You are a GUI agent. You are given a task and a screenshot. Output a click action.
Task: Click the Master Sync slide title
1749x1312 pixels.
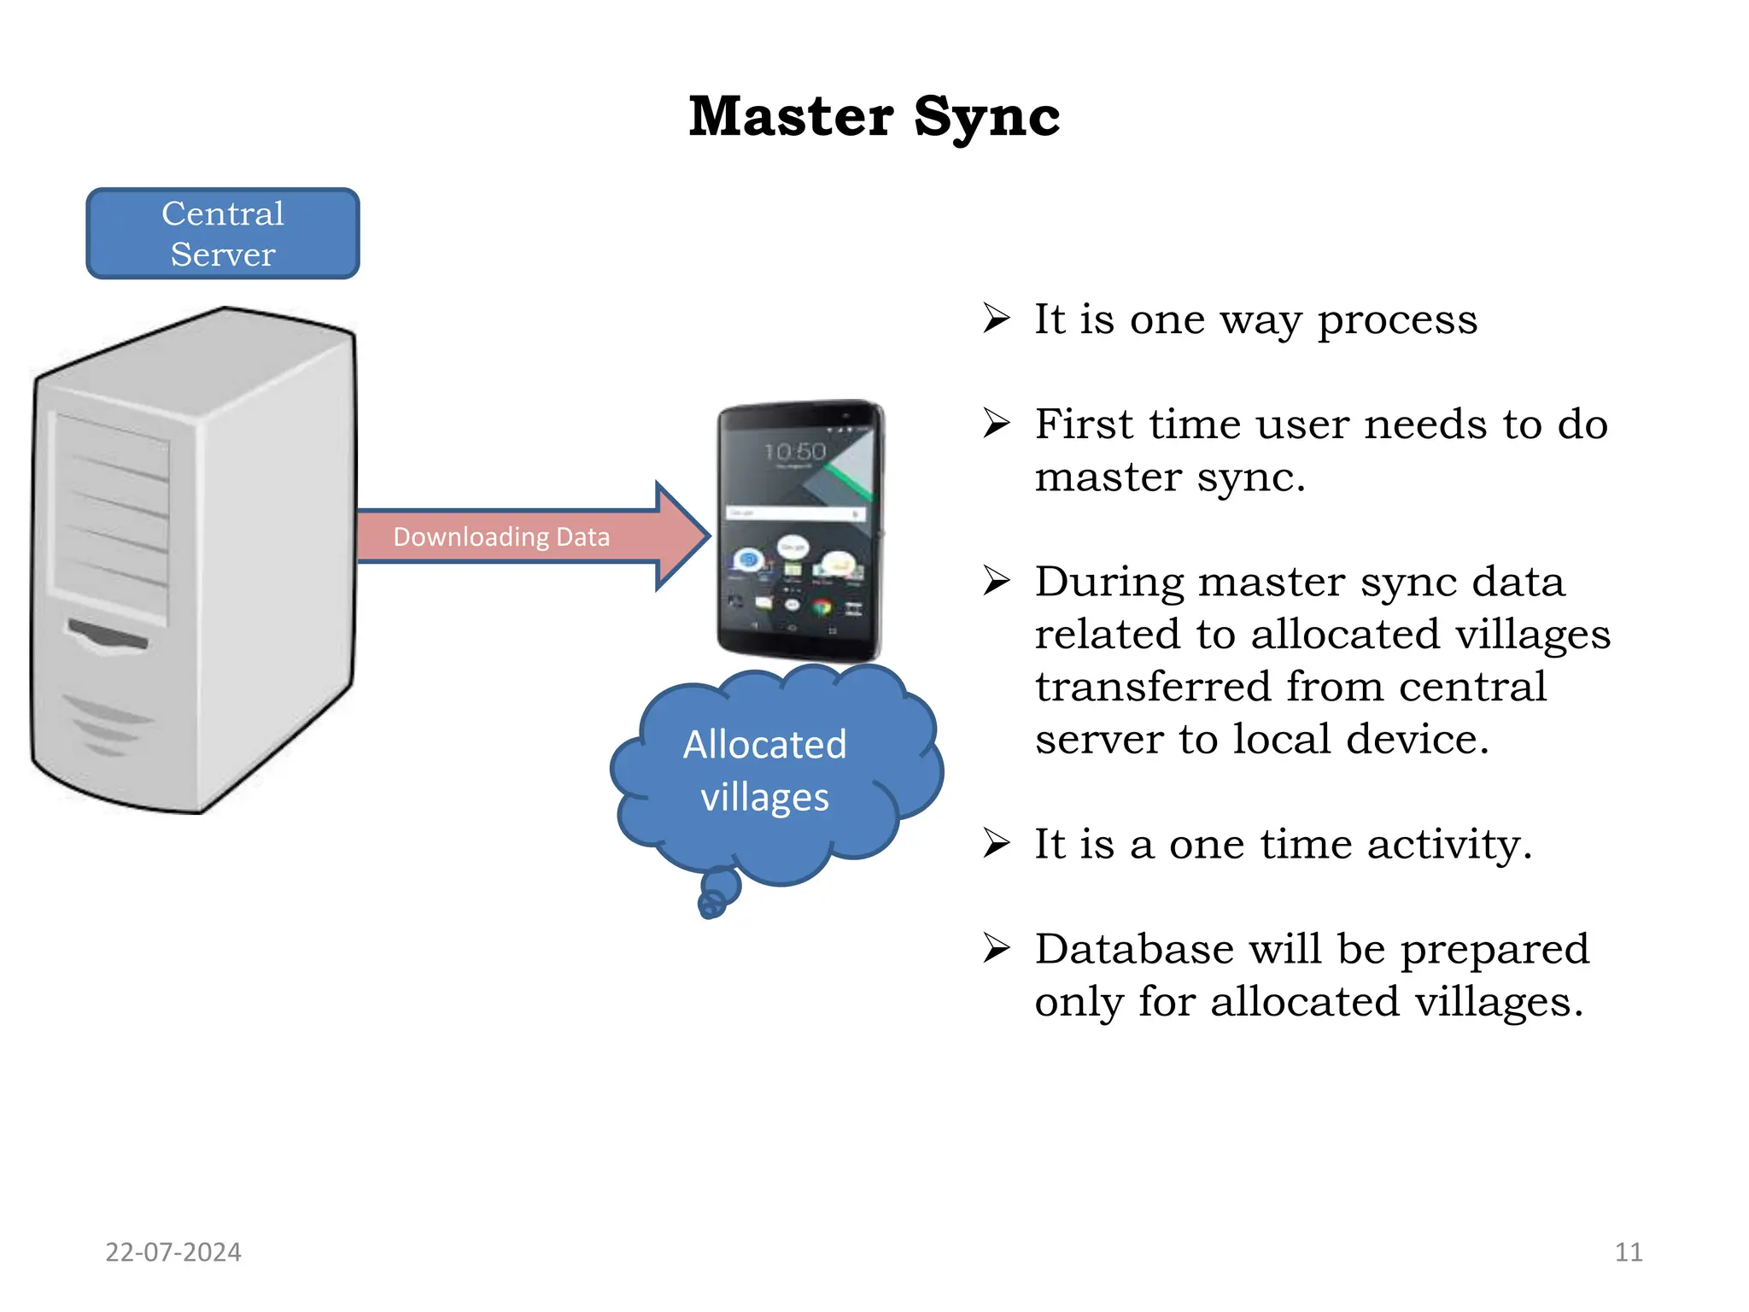click(874, 116)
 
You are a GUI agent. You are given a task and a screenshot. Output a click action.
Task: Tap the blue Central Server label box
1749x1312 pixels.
click(223, 233)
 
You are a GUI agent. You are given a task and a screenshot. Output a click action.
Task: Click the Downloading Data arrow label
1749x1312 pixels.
click(501, 536)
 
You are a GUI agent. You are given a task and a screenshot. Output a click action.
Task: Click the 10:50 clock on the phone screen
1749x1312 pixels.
click(795, 451)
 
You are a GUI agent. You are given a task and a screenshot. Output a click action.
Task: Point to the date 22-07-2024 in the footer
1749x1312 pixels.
click(173, 1252)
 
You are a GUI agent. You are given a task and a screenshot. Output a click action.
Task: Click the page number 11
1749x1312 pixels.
click(1629, 1252)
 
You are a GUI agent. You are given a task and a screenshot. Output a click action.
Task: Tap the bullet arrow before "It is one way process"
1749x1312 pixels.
click(996, 318)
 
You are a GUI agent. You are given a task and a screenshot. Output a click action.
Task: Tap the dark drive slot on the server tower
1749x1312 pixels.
click(108, 635)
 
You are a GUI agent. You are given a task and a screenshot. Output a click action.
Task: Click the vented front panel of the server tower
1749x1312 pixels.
click(111, 512)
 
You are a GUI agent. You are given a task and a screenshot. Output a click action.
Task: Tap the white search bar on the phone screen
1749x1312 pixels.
click(794, 513)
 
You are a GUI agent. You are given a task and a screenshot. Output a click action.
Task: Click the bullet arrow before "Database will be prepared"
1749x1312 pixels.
click(996, 947)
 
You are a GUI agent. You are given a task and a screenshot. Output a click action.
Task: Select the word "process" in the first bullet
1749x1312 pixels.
click(1397, 319)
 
